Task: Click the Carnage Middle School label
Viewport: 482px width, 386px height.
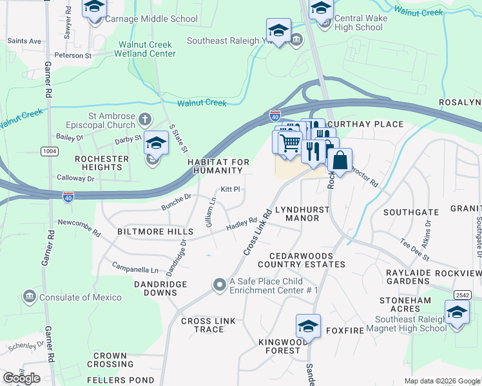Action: click(151, 19)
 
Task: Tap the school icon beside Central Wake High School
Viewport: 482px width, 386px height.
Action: click(321, 8)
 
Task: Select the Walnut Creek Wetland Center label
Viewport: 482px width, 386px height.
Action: click(147, 49)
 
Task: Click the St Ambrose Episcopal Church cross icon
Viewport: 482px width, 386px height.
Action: click(145, 119)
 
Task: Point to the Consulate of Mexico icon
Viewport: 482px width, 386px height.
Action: click(29, 297)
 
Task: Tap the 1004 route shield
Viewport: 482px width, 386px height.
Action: click(48, 151)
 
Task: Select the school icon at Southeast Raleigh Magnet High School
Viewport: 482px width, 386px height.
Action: click(457, 313)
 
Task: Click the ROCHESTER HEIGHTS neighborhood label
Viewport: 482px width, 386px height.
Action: click(99, 163)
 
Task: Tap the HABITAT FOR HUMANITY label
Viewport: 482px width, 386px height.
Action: click(215, 166)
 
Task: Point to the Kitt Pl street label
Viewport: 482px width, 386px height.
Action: click(230, 189)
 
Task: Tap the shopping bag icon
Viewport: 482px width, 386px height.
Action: click(340, 161)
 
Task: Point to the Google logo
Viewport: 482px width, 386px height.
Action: click(21, 378)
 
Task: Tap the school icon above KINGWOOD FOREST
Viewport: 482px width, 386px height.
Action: click(308, 326)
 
